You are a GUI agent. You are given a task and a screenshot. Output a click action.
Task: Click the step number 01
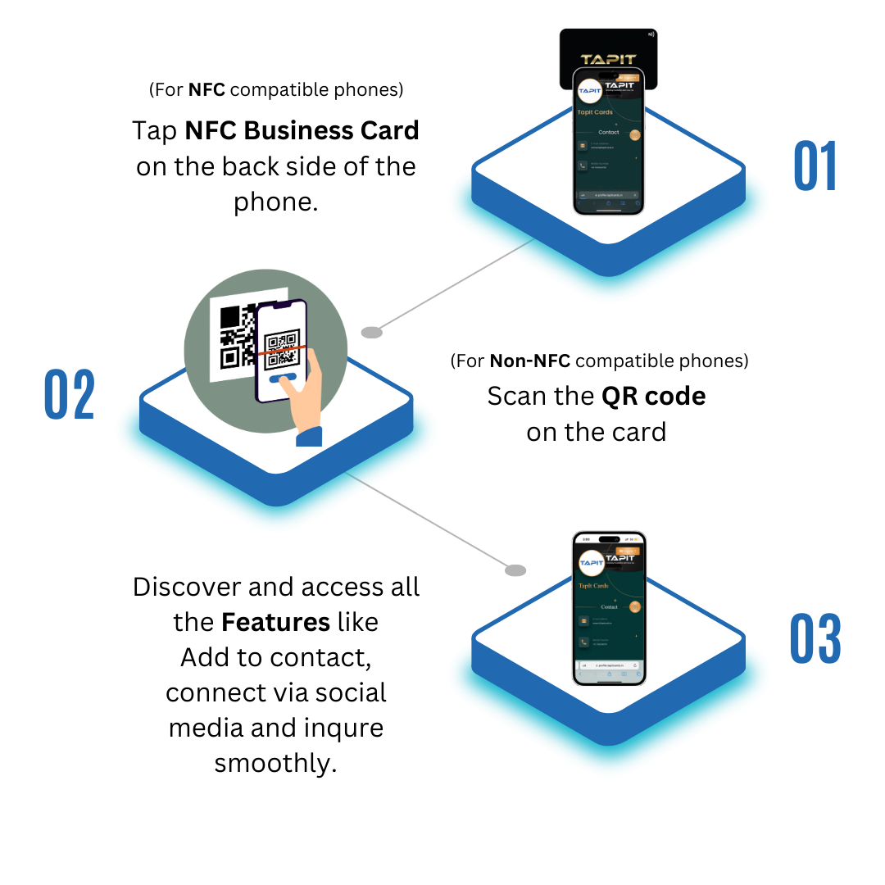[815, 166]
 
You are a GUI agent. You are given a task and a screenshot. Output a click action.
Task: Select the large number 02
[70, 395]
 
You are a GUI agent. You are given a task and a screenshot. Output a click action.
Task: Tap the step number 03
[815, 638]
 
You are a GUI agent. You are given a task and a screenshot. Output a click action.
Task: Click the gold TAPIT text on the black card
[608, 60]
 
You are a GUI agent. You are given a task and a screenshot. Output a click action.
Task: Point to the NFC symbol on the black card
[650, 34]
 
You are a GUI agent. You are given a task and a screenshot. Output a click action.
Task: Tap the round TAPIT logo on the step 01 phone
[589, 90]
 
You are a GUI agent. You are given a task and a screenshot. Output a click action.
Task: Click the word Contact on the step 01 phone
[609, 132]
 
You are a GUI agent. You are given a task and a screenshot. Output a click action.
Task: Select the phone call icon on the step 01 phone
[583, 166]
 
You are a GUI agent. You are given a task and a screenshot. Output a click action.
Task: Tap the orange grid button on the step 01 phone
[634, 135]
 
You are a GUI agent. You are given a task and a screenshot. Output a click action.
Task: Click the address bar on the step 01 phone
[609, 195]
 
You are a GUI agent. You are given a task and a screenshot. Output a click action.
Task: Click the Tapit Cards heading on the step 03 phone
[593, 586]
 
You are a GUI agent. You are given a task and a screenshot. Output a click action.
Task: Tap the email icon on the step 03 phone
[583, 621]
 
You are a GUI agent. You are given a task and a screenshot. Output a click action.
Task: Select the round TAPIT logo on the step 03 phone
[590, 563]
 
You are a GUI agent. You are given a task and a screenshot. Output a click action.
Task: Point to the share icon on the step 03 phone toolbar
[610, 674]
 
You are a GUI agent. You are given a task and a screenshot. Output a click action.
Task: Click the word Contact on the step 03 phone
[610, 607]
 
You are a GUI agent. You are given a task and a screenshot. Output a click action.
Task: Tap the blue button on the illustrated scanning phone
[282, 379]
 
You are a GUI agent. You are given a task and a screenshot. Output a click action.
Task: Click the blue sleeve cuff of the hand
[309, 437]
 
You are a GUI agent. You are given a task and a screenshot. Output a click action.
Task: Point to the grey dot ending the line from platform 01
[372, 332]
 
